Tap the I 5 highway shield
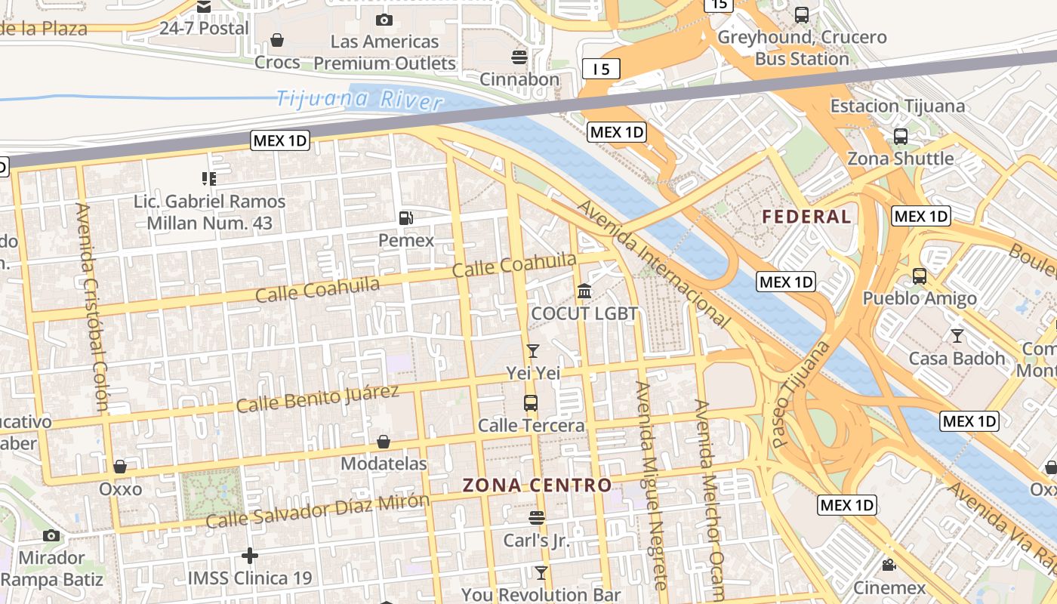pyautogui.click(x=601, y=69)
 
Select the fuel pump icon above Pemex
pyautogui.click(x=406, y=218)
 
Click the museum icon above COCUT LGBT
pyautogui.click(x=584, y=291)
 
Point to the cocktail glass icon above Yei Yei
pyautogui.click(x=533, y=350)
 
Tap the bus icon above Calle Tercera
pyautogui.click(x=531, y=403)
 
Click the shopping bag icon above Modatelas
pyautogui.click(x=384, y=442)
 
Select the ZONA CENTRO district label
pyautogui.click(x=537, y=485)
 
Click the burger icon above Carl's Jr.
pyautogui.click(x=537, y=518)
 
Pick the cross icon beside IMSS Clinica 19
pyautogui.click(x=249, y=556)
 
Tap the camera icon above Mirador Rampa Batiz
pyautogui.click(x=51, y=535)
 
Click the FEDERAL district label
pyautogui.click(x=806, y=217)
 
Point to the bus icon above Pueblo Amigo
pyautogui.click(x=919, y=276)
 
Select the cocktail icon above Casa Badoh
pyautogui.click(x=957, y=336)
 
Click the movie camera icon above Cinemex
pyautogui.click(x=889, y=565)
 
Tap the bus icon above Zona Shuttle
pyautogui.click(x=900, y=137)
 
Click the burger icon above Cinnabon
pyautogui.click(x=519, y=57)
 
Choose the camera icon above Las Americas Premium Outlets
pyautogui.click(x=384, y=20)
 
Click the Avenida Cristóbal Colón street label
pyautogui.click(x=92, y=307)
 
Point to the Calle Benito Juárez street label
pyautogui.click(x=317, y=398)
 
